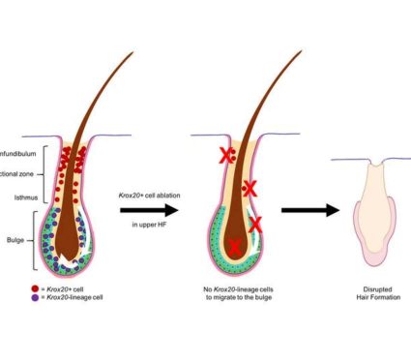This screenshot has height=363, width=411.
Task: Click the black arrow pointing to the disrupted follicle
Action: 309,209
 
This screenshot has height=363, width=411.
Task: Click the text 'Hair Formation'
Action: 371,298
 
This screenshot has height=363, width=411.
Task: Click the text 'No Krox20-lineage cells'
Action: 236,288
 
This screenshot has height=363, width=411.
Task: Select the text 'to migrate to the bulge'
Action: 236,298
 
